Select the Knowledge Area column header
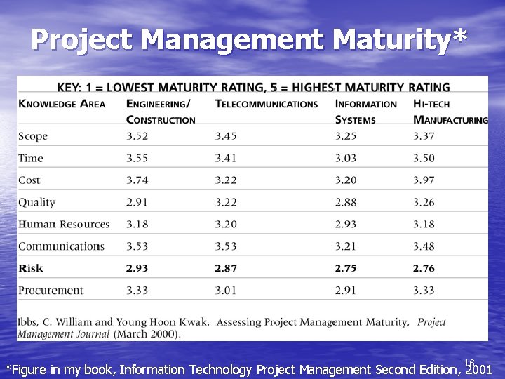(62, 104)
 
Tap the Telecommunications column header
(266, 104)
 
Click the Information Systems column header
(365, 112)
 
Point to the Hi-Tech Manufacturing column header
(450, 112)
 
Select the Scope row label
(33, 136)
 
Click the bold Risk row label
(31, 268)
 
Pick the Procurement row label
(50, 291)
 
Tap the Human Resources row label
(64, 225)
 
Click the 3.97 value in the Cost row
(424, 180)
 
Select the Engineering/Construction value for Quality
(137, 202)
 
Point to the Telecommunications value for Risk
(226, 268)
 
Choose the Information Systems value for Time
(346, 159)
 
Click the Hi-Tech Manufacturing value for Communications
(424, 246)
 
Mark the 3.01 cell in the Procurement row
(226, 291)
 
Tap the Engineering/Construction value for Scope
(137, 136)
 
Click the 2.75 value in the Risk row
(346, 268)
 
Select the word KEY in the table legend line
(68, 88)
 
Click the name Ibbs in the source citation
(30, 322)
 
